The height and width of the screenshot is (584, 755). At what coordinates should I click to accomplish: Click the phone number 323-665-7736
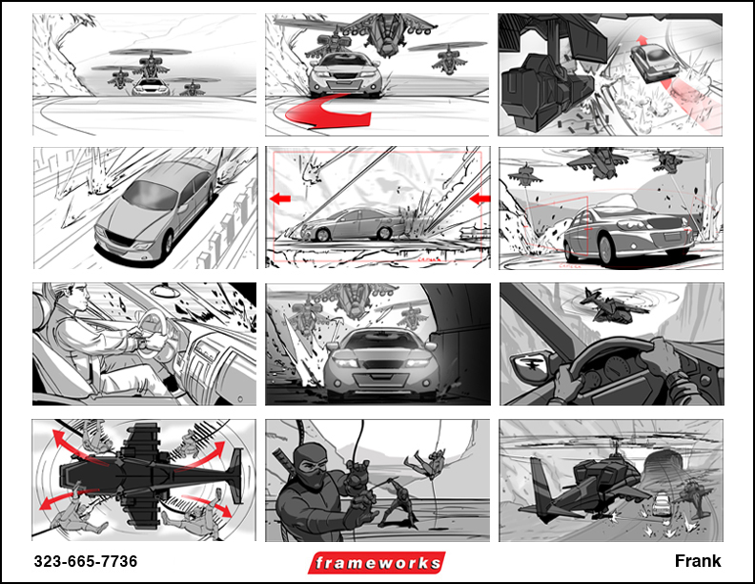86,561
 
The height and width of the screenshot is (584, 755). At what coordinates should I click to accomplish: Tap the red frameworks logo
377,563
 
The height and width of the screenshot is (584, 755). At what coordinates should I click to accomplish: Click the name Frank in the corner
698,561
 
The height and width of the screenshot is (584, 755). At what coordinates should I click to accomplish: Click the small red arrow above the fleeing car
641,40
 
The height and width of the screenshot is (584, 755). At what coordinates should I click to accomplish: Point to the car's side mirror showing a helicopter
531,365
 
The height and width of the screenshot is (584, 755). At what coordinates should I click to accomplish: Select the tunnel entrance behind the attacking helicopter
664,472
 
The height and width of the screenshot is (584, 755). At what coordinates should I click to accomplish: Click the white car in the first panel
151,87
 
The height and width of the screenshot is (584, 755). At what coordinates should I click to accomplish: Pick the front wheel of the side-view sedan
322,235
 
